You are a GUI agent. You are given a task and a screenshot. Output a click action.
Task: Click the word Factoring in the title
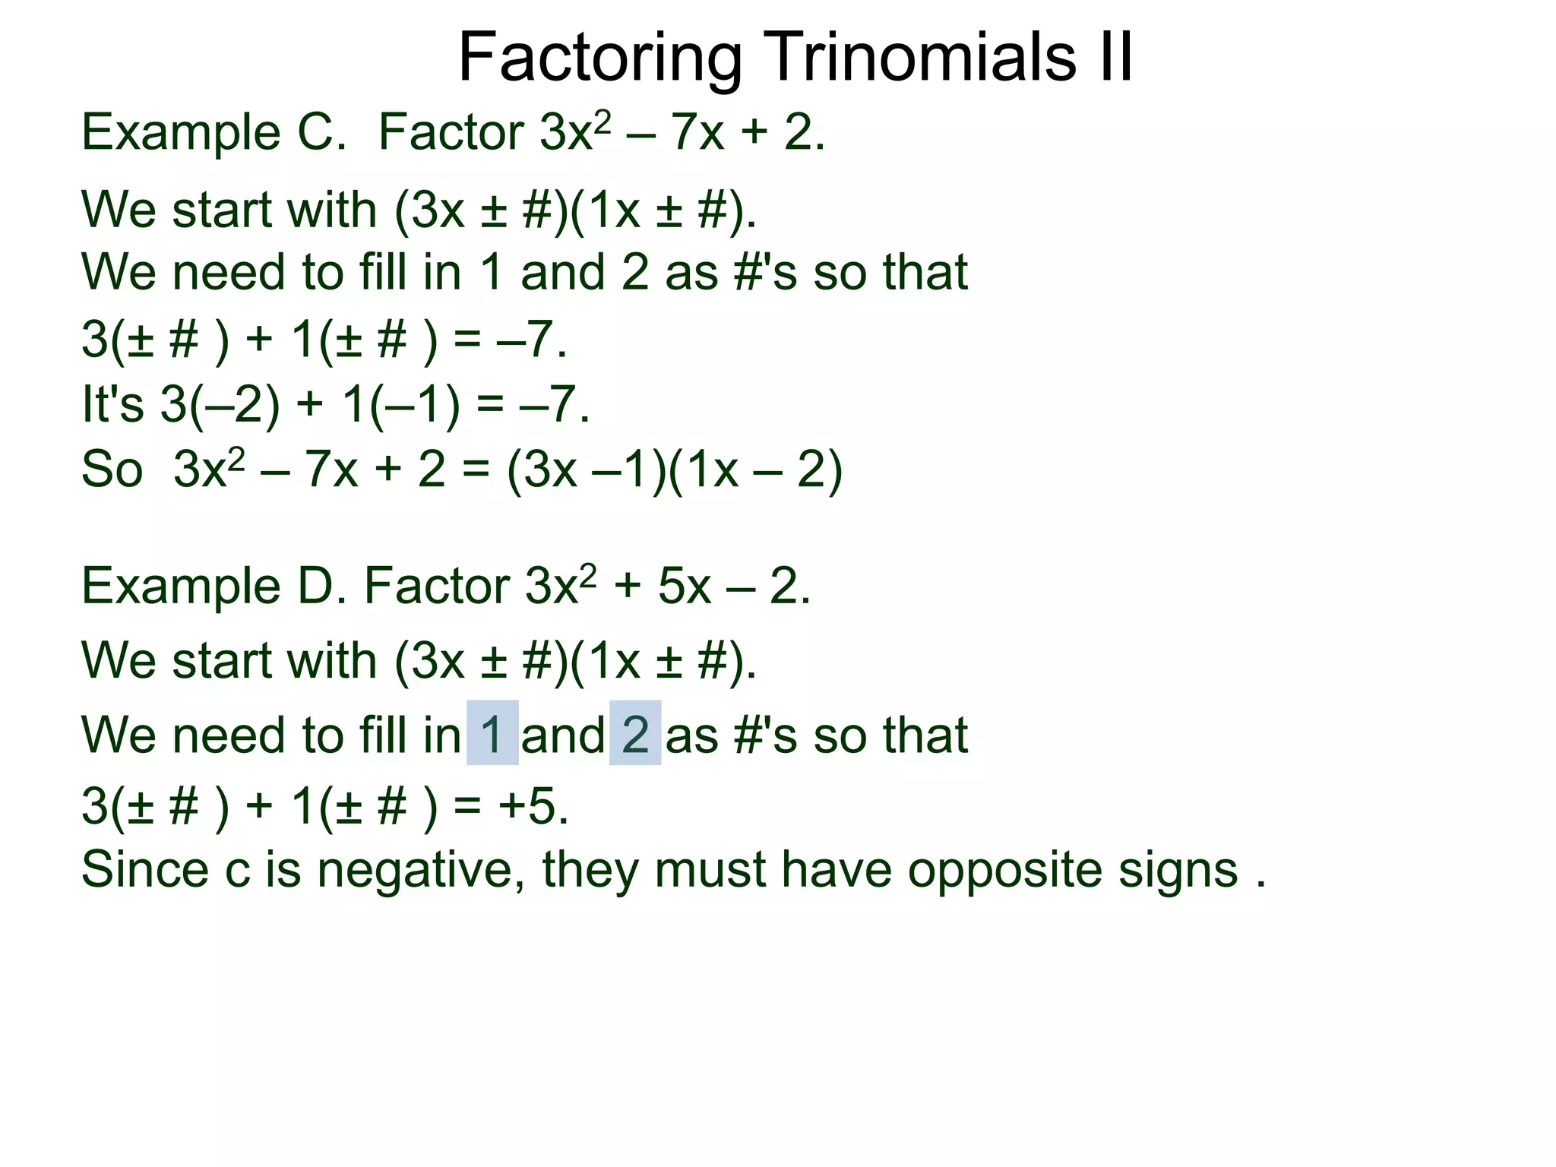pyautogui.click(x=600, y=59)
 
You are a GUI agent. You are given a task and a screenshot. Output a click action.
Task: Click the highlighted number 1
pyautogui.click(x=492, y=734)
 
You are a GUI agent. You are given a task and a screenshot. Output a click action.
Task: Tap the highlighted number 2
pyautogui.click(x=635, y=734)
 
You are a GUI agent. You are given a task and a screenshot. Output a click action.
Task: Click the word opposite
pyautogui.click(x=1004, y=871)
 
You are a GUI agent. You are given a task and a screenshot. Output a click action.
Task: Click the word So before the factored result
pyautogui.click(x=112, y=470)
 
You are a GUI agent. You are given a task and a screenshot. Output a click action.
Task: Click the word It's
pyautogui.click(x=112, y=404)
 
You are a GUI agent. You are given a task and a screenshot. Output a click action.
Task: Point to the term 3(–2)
pyautogui.click(x=220, y=404)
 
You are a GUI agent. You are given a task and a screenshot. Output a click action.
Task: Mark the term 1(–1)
pyautogui.click(x=402, y=404)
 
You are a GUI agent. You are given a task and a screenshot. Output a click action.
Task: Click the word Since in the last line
pyautogui.click(x=144, y=871)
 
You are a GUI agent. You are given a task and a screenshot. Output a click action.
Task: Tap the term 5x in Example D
pyautogui.click(x=684, y=587)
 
